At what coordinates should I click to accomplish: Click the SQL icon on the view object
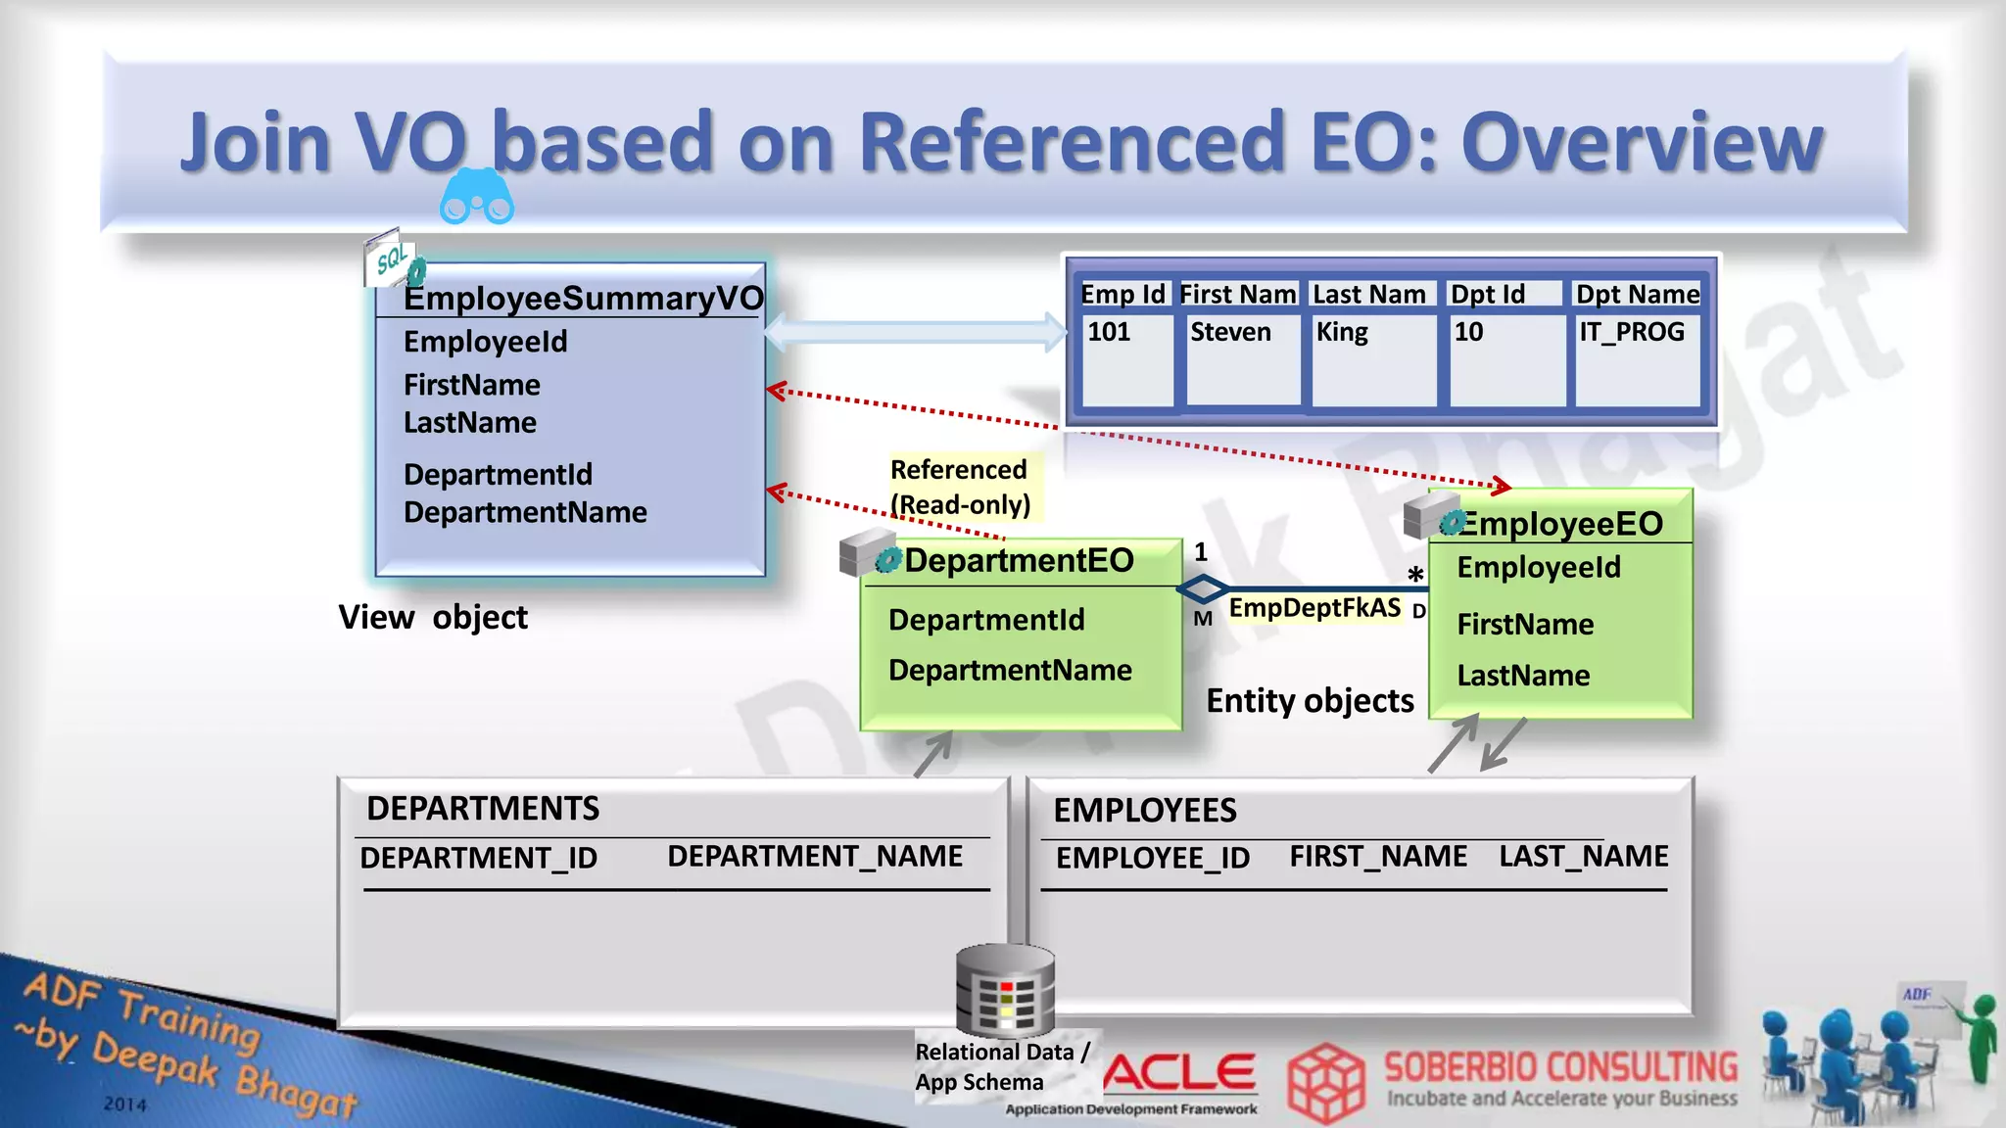click(393, 259)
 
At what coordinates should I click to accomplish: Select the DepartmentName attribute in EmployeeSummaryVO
click(525, 512)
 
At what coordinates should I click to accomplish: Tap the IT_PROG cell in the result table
click(1632, 332)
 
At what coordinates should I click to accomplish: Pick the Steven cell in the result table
click(1230, 332)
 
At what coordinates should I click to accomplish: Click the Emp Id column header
click(1122, 294)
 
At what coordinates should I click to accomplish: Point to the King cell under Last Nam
click(1342, 332)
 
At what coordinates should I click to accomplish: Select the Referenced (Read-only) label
click(960, 487)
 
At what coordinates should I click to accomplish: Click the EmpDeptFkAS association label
click(1314, 608)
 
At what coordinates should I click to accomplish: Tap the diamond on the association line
click(1203, 589)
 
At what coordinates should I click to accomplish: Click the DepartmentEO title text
click(1019, 560)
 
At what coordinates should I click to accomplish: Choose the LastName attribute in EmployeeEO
click(1523, 675)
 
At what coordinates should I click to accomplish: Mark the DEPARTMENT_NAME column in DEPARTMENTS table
click(815, 856)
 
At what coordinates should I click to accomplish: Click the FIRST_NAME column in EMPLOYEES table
click(1378, 856)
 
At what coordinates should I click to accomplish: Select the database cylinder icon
click(1005, 990)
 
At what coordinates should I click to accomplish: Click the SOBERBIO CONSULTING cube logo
click(1325, 1083)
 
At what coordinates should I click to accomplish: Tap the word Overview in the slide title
click(1642, 142)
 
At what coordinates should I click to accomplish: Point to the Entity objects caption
click(1310, 700)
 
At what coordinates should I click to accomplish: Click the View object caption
click(433, 617)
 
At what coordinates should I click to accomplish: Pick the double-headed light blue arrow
click(915, 332)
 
